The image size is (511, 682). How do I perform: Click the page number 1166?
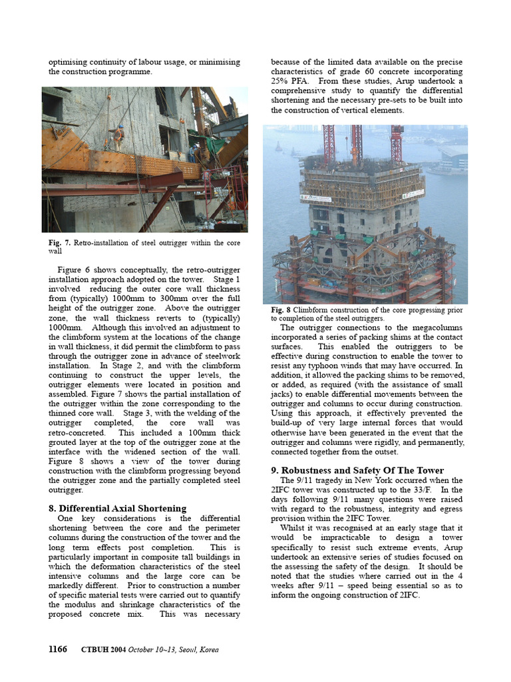tap(58, 649)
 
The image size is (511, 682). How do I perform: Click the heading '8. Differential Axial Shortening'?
tap(117, 508)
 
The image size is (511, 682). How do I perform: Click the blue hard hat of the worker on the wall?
tap(120, 127)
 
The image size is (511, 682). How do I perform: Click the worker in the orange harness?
tap(118, 137)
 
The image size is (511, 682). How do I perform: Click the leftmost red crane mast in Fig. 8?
tap(329, 143)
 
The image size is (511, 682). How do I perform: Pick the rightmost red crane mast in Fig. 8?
tap(397, 143)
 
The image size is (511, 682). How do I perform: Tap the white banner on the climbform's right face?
tap(416, 192)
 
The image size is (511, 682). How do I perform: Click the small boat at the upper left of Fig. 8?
tap(278, 147)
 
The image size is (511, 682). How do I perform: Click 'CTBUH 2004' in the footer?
tap(102, 650)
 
